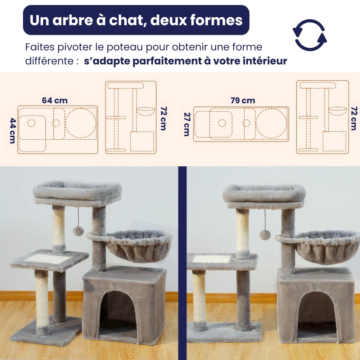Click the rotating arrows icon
pos(310,35)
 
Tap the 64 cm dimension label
pos(55,100)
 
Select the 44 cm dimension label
pos(13,130)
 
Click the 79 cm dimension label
pos(243,101)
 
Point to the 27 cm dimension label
pos(186,124)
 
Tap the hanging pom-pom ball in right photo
pos(265,235)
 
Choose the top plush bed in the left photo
pos(77,193)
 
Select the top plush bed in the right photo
pos(264,194)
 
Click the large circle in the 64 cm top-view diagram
pos(81,122)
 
